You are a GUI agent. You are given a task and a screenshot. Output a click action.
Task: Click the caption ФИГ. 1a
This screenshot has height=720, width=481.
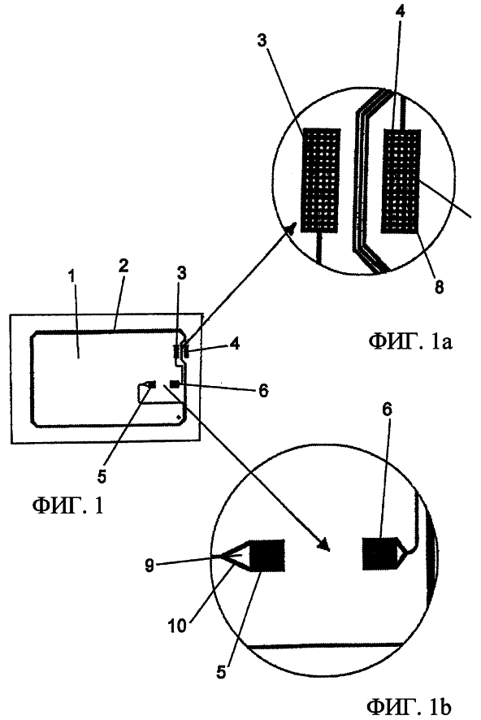coord(409,343)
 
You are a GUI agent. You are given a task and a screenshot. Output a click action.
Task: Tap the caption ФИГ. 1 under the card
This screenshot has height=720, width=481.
coord(67,506)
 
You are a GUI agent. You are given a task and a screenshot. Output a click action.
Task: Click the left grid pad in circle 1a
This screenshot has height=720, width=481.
coord(321,179)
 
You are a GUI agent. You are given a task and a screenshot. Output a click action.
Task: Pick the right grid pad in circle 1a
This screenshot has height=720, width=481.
coord(401,180)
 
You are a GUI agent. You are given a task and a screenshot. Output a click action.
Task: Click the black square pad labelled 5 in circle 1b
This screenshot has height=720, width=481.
coord(266,555)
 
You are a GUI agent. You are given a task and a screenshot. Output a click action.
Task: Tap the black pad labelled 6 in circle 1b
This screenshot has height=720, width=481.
coord(381,553)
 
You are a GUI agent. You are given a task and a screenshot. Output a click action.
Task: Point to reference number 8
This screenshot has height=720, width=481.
coord(440,287)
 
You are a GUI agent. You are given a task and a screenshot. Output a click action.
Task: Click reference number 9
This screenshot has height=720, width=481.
coord(149,566)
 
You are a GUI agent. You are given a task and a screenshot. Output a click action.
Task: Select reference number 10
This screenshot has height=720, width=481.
coord(178,625)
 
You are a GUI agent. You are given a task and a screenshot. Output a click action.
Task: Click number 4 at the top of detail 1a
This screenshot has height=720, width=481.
coord(400,12)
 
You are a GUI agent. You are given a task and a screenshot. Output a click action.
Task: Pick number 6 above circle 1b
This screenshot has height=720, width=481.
coord(388,410)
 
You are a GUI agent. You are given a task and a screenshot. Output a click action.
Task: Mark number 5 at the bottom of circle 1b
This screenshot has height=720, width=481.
coord(221,672)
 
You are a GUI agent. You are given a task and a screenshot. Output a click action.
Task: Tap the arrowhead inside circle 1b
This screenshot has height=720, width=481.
coord(325,544)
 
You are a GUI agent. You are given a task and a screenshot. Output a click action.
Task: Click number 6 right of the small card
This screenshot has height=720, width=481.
coord(263,391)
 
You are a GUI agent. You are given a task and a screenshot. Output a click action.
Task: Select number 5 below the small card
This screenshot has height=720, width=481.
coord(102,476)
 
